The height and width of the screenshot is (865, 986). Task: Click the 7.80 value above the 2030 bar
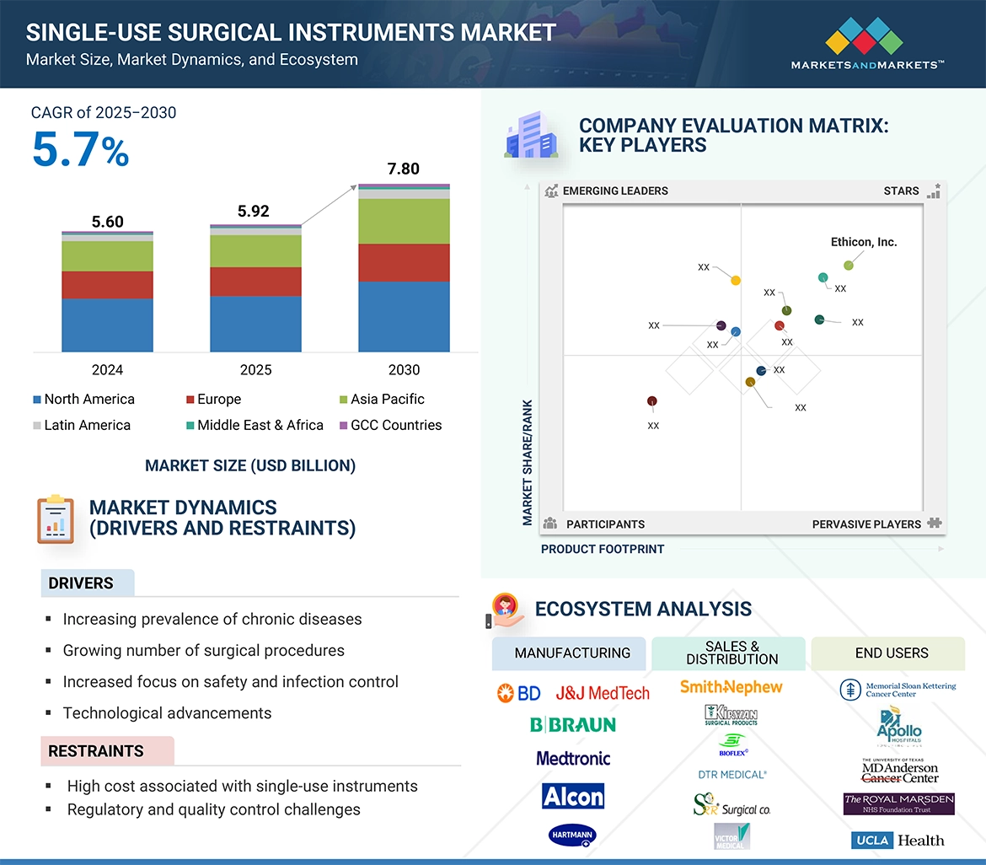(x=403, y=169)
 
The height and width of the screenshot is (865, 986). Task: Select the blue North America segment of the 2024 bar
(x=107, y=325)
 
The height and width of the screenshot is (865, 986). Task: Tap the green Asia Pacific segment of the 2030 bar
(x=404, y=221)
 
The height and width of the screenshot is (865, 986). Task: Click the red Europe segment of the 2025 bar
(x=255, y=282)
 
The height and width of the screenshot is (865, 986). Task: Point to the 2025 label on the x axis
(x=255, y=370)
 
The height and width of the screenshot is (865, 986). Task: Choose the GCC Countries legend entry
(x=389, y=426)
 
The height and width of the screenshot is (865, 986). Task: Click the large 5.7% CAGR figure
(x=81, y=151)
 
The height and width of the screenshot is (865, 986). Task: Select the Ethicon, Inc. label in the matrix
(x=863, y=242)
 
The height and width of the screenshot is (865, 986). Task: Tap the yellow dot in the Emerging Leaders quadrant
(x=736, y=281)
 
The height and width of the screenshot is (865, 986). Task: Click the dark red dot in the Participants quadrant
(x=652, y=401)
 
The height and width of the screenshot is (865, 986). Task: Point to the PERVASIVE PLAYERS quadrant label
(x=866, y=524)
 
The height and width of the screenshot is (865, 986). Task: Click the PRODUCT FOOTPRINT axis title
(x=602, y=550)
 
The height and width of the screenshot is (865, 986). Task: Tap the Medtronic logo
(x=573, y=759)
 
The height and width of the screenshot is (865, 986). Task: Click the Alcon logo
(x=573, y=797)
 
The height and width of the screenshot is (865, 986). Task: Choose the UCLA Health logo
(x=898, y=841)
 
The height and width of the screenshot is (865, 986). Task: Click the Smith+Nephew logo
(x=731, y=688)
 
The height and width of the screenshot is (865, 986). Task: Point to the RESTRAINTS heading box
(x=107, y=751)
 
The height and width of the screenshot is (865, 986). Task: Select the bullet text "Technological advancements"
(x=167, y=713)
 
